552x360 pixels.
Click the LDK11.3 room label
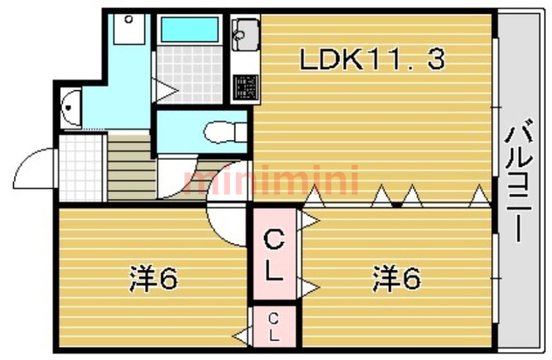372,60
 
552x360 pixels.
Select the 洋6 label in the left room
154,279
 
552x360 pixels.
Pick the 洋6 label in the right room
397,279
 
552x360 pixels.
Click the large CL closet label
275,255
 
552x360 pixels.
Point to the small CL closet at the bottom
273,328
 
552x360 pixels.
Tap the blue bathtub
189,30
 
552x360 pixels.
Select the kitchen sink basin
245,31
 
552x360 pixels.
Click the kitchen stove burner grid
245,88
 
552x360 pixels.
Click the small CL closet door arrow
241,336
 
